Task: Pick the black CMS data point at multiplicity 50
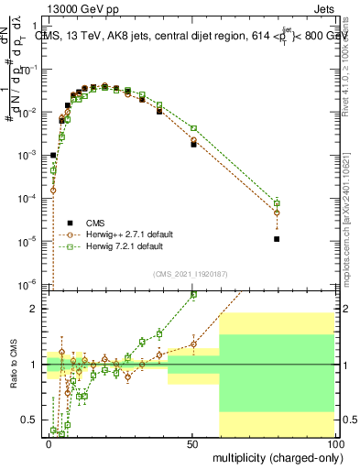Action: (x=193, y=145)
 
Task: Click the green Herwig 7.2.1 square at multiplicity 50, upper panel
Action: (x=193, y=128)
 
